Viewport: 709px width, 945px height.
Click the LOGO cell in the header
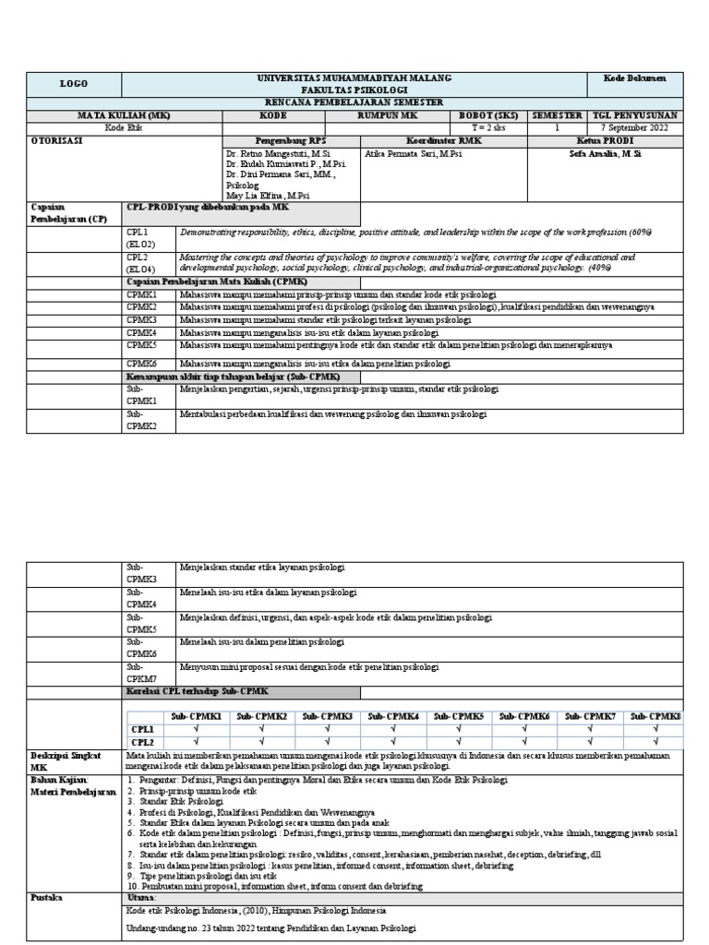click(x=73, y=83)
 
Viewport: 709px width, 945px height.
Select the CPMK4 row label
click(x=142, y=331)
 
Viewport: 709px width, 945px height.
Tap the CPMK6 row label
click(x=142, y=363)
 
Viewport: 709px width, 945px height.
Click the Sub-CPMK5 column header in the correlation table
click(x=459, y=716)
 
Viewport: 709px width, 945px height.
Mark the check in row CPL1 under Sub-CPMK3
click(x=327, y=729)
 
